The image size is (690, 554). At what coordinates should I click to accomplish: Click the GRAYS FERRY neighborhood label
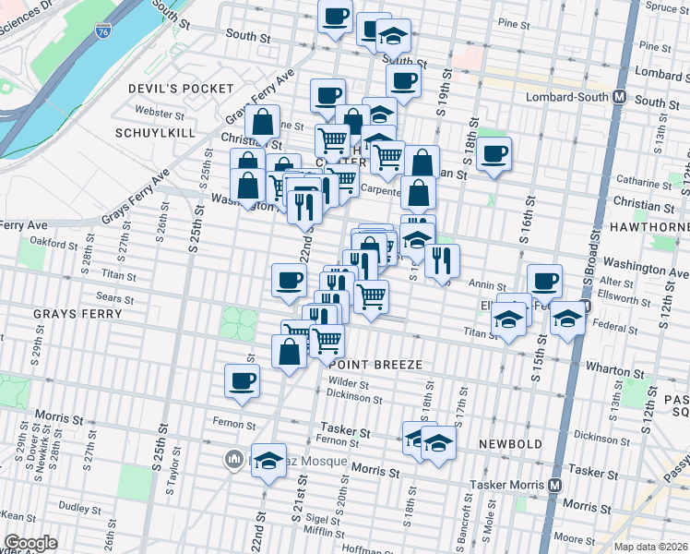point(77,314)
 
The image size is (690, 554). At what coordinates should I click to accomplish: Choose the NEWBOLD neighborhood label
point(510,444)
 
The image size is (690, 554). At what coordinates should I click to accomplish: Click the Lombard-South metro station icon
point(619,97)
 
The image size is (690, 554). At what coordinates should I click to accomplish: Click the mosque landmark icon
point(234,458)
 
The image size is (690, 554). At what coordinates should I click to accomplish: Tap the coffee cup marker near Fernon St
point(243,379)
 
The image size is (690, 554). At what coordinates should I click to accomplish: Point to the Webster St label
point(154,113)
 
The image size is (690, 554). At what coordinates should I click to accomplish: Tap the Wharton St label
point(608,369)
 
